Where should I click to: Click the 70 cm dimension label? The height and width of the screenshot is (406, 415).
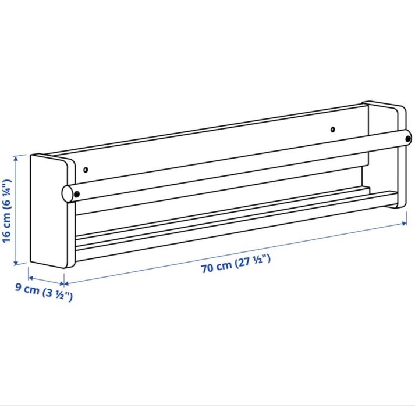tap(236, 265)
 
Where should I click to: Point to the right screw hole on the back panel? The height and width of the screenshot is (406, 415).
tap(332, 129)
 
